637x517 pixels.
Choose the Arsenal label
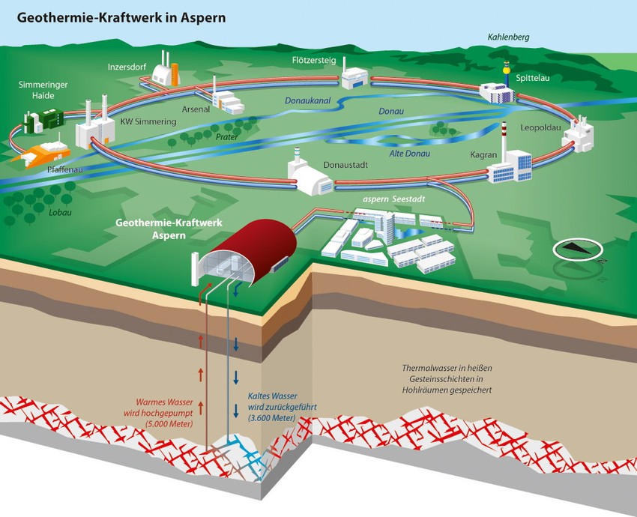pos(196,109)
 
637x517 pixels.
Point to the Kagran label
pos(484,154)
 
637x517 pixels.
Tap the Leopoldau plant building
pos(578,138)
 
